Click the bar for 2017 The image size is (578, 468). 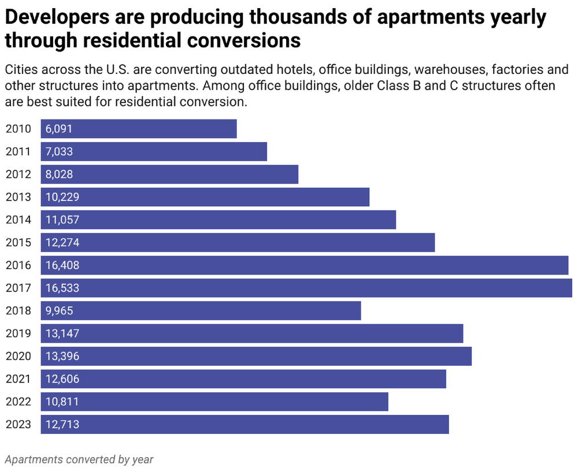306,288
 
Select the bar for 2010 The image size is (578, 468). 139,129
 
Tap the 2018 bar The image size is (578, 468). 201,311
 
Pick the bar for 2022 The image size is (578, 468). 214,402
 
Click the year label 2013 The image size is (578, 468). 18,197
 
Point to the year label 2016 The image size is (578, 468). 18,265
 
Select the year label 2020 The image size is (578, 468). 18,356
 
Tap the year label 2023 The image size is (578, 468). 18,425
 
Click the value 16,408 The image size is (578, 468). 62,265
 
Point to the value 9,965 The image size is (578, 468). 59,311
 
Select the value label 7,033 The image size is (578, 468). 59,151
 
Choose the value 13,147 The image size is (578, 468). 62,333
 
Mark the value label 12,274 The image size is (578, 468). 62,243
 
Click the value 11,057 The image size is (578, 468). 62,220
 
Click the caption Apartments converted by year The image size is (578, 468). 79,459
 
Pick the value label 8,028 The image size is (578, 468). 59,174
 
